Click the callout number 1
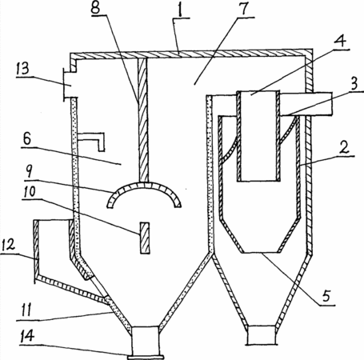tap(181, 10)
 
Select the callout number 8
tap(96, 7)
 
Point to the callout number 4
tap(340, 41)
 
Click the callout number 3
tap(354, 83)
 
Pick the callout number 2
tap(345, 147)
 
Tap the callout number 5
tap(326, 295)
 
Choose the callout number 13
tap(22, 69)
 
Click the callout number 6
tap(27, 139)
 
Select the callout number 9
tap(29, 170)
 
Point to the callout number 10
tap(29, 192)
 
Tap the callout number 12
tap(8, 246)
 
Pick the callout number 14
tap(26, 337)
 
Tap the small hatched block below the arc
tap(145, 238)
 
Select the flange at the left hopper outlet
tap(146, 357)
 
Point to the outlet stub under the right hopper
tap(262, 335)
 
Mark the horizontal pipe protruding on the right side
tap(306, 104)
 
